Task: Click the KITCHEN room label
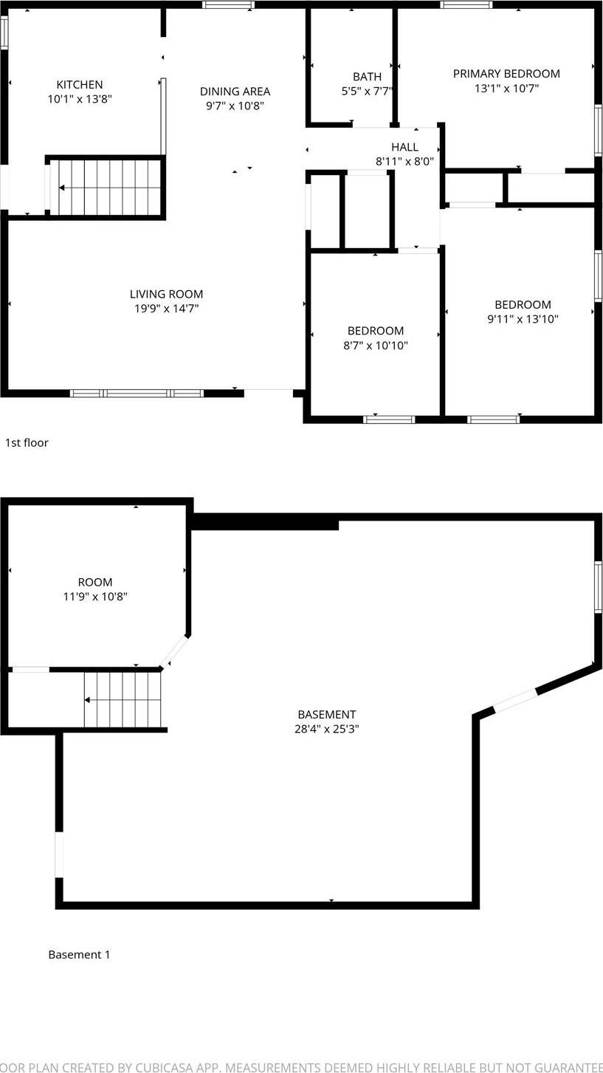[80, 85]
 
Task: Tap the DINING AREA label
[235, 92]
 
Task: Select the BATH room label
[367, 77]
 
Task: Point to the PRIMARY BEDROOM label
[506, 74]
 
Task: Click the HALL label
[404, 147]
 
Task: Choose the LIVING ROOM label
[166, 294]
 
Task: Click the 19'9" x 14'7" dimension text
[166, 309]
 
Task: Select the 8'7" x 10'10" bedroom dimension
[376, 346]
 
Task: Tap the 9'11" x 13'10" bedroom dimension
[523, 320]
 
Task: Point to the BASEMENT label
[327, 715]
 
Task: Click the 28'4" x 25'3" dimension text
[327, 730]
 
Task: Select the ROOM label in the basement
[95, 582]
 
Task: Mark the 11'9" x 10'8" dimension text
[95, 597]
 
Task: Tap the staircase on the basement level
[122, 699]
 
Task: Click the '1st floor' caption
[27, 443]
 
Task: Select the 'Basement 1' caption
[79, 955]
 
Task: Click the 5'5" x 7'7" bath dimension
[367, 92]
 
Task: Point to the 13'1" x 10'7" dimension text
[506, 89]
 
